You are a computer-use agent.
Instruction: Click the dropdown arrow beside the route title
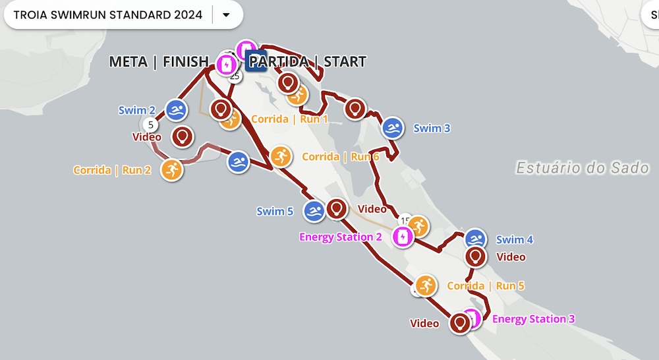(x=226, y=15)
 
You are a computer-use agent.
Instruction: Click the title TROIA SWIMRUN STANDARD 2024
(x=108, y=15)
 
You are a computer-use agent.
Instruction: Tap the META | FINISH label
(x=158, y=62)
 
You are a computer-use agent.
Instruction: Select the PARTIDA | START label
(x=307, y=62)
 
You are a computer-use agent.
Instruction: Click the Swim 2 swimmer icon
(x=175, y=110)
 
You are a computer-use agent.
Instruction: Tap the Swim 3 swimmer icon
(x=393, y=128)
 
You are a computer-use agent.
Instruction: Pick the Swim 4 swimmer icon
(x=476, y=240)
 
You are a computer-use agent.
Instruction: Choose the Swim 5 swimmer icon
(x=314, y=212)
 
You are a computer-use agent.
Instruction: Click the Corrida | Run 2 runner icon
(x=171, y=169)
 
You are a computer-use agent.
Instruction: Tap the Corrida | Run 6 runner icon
(x=281, y=157)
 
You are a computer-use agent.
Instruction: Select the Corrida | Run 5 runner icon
(x=426, y=285)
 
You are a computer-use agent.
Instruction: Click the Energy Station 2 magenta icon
(x=401, y=237)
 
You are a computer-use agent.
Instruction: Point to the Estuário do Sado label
(x=582, y=167)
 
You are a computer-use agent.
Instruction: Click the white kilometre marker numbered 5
(x=150, y=125)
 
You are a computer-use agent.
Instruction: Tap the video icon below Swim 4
(x=475, y=256)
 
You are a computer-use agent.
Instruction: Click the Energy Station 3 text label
(x=534, y=319)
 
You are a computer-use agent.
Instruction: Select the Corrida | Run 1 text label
(x=290, y=119)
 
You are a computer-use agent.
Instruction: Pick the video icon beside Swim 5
(x=337, y=209)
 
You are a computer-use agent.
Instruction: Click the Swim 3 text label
(x=432, y=129)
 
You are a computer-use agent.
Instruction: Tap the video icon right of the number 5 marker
(x=183, y=136)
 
